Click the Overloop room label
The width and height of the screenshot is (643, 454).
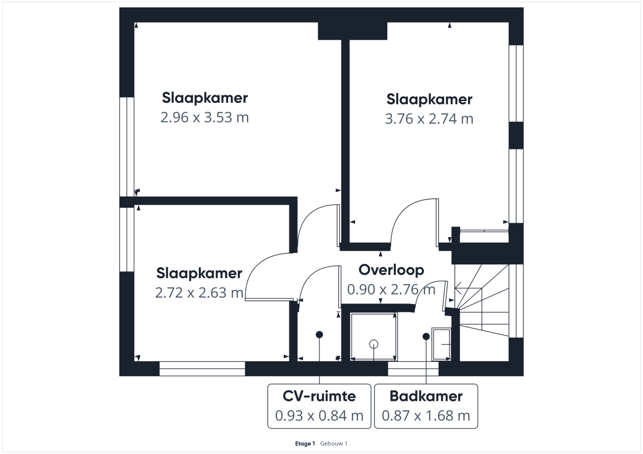391,270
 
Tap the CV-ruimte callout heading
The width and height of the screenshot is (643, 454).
319,396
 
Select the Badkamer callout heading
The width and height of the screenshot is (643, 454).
426,396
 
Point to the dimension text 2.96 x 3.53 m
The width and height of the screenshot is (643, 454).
204,117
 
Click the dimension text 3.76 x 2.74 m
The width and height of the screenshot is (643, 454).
429,119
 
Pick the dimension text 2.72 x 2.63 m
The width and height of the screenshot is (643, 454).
199,292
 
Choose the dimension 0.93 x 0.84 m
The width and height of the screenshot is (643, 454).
319,415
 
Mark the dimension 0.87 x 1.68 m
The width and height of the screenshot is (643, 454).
426,415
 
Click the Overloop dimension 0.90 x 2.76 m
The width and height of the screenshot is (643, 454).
391,289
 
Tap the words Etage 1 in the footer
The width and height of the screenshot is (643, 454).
305,443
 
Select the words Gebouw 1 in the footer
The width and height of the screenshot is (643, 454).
334,443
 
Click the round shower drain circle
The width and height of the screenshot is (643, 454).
373,344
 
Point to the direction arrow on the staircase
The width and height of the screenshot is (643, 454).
468,288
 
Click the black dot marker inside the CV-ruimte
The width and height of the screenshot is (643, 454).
319,335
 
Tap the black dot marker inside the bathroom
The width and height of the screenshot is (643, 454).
426,337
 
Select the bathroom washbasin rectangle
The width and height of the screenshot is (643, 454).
442,344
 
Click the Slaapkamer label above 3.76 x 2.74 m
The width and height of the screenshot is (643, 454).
429,99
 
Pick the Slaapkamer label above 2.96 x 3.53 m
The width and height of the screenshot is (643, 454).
204,98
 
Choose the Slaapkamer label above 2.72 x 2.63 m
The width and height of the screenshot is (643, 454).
199,273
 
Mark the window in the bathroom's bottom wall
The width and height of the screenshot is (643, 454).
413,369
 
